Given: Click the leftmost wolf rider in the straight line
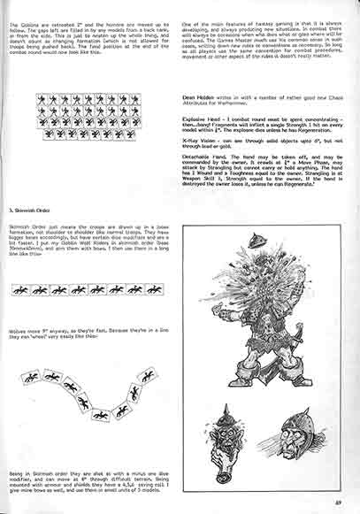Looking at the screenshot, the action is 19,289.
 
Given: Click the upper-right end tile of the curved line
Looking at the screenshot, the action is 148,376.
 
